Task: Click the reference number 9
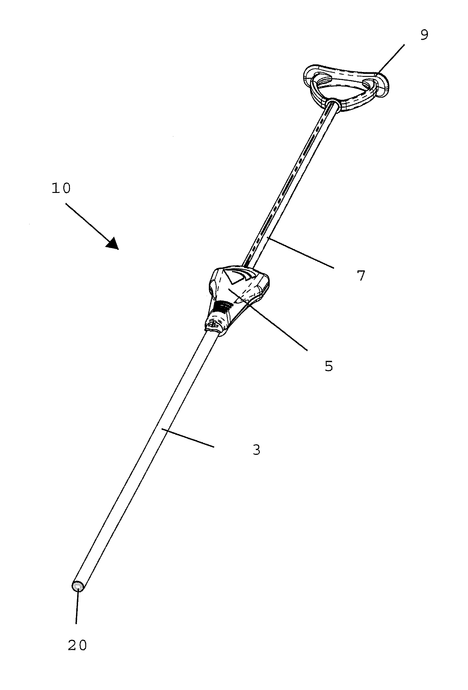(x=424, y=35)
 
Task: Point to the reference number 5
(x=329, y=366)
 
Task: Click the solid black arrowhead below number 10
(x=113, y=243)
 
